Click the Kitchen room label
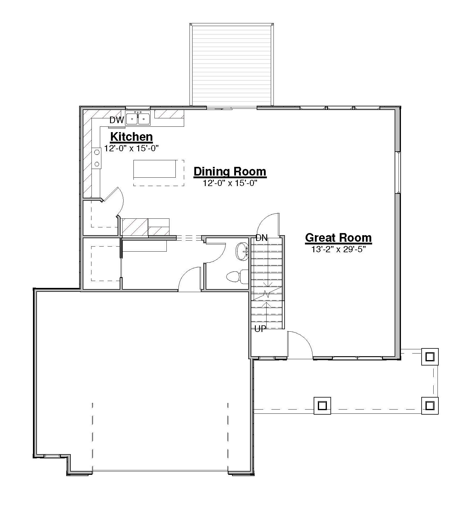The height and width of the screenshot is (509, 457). point(132,137)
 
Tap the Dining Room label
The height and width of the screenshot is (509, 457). point(230,172)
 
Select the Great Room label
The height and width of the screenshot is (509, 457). point(339,238)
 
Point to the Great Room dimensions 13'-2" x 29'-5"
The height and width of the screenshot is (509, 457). point(339,249)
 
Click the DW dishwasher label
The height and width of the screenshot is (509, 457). point(117,120)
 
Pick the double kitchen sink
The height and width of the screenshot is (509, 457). point(138,118)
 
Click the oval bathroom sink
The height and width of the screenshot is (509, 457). point(242,252)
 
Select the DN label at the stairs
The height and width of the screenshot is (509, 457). point(261,238)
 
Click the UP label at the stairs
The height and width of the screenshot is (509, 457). point(260,329)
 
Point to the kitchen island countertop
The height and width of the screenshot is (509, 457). point(155,169)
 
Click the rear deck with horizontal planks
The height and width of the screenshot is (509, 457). point(231,65)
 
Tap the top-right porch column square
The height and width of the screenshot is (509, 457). point(430,357)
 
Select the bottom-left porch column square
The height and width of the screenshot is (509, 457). point(322,406)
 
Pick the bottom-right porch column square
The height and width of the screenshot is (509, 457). point(430,406)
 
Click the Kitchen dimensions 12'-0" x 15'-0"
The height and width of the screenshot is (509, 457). point(131,148)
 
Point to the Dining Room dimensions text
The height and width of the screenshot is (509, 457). point(230,183)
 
